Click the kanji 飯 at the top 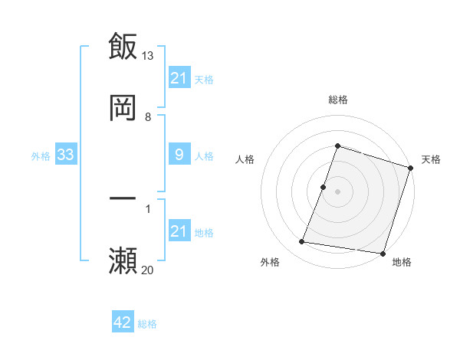click(x=123, y=46)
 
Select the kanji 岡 click(x=123, y=108)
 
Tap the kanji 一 click(x=123, y=199)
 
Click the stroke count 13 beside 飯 click(x=148, y=56)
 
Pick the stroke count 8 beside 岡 click(x=148, y=117)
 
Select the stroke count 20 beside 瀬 click(x=148, y=270)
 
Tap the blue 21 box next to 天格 click(x=179, y=78)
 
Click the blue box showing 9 click(x=179, y=155)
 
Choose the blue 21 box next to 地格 click(x=179, y=232)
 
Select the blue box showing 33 click(x=66, y=155)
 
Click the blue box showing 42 click(x=123, y=323)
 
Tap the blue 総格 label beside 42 click(x=147, y=324)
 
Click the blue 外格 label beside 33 click(x=41, y=156)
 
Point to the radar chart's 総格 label click(x=337, y=100)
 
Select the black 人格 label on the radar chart click(x=245, y=159)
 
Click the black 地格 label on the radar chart click(x=402, y=262)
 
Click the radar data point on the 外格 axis click(x=302, y=242)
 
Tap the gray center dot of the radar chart click(x=337, y=191)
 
